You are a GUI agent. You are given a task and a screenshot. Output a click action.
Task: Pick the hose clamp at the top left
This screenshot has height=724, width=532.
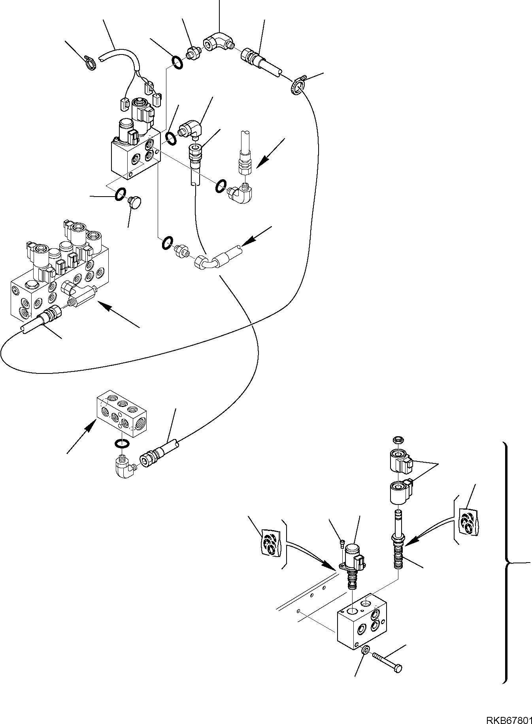tap(91, 61)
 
